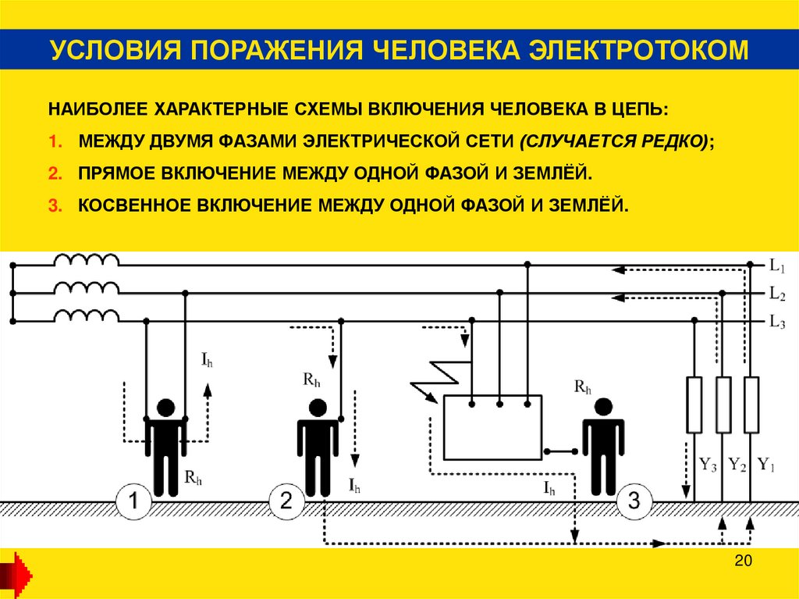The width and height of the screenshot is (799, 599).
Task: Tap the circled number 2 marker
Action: click(x=286, y=502)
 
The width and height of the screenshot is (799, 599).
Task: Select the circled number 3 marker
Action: click(x=634, y=502)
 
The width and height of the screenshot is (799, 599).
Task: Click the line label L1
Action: click(x=776, y=266)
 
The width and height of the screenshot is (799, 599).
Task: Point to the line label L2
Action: click(x=776, y=294)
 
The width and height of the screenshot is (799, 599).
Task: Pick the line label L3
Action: click(x=776, y=322)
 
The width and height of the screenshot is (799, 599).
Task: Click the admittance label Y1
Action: click(x=766, y=465)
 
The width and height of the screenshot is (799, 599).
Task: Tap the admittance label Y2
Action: click(x=737, y=465)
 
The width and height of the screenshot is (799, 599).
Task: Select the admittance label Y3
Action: click(x=708, y=465)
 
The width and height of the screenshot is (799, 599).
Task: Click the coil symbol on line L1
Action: click(x=87, y=260)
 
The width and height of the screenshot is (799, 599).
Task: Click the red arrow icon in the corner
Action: click(x=16, y=574)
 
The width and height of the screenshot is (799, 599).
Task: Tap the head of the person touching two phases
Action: click(x=165, y=408)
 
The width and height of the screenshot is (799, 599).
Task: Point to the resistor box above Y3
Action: click(x=694, y=405)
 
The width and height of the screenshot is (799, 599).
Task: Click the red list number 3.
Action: click(x=53, y=205)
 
